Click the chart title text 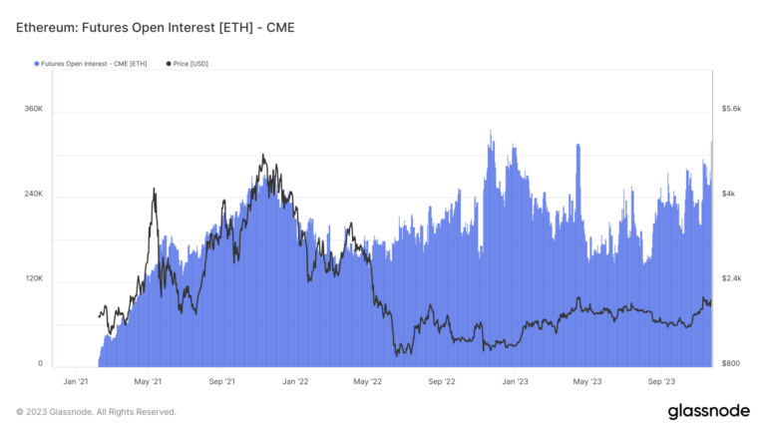pos(155,26)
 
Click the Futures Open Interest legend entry pos(92,64)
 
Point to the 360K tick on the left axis pos(33,108)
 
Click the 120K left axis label pos(33,278)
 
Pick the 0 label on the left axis pos(40,364)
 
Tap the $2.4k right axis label pos(731,278)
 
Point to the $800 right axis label pos(730,364)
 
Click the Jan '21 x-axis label pos(77,381)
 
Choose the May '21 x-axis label pos(149,381)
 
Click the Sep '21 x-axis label pos(222,381)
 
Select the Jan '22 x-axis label pos(295,381)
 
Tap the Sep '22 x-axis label pos(442,381)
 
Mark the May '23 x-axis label pos(587,381)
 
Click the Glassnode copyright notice pos(96,411)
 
